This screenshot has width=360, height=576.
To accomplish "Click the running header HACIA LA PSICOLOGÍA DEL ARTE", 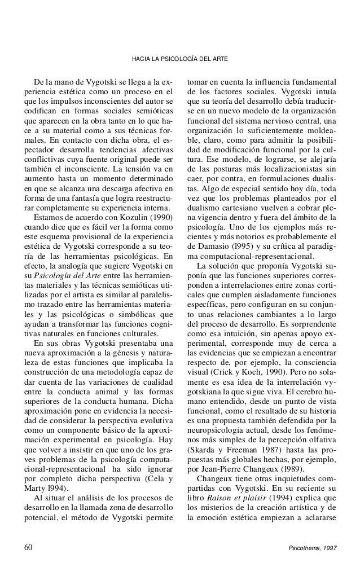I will [179, 59].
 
